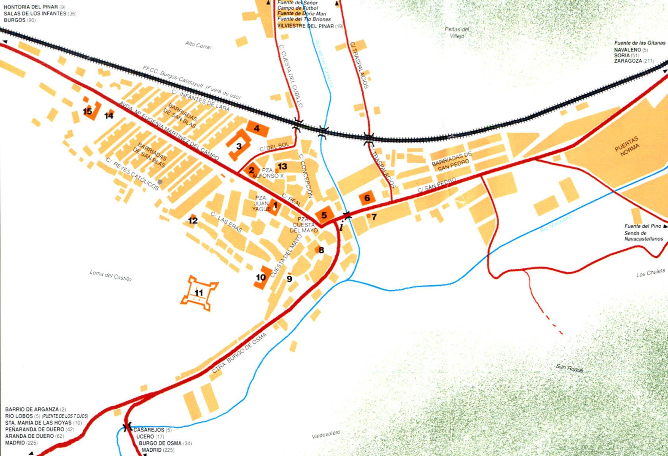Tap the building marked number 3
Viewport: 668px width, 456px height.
tap(238, 146)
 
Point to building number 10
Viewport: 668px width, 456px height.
tap(261, 277)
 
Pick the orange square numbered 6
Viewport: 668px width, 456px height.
tap(367, 198)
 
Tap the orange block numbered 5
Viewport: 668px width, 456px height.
tap(324, 215)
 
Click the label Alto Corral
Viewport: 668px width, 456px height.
tap(198, 45)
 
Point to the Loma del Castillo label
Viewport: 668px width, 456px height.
tap(110, 275)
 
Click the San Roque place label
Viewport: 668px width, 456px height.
tap(570, 368)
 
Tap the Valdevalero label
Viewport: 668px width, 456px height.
tap(326, 434)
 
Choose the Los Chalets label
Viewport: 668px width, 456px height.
tap(650, 273)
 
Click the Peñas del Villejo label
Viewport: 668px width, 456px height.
tap(457, 32)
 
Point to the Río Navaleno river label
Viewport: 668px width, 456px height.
tap(556, 224)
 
